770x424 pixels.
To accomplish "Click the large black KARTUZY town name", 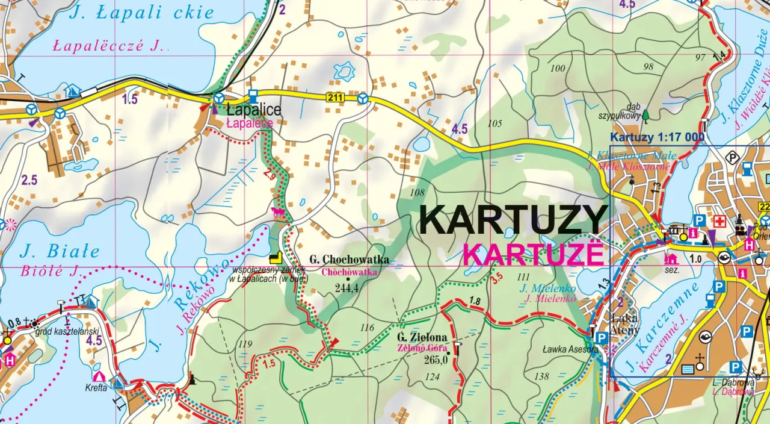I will point(513,220).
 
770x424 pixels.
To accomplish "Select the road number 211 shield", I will point(335,97).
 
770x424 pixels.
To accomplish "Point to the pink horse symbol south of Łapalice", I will point(278,212).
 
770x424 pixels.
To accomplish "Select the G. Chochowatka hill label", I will point(349,260).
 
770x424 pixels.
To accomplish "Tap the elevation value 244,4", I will point(348,288).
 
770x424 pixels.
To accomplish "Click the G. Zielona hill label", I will point(422,338).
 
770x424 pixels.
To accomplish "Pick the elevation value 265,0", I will point(436,360).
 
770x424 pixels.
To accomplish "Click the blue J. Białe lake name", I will point(60,251).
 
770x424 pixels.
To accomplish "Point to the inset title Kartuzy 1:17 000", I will point(657,137).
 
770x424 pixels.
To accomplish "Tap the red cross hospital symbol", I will point(719,222).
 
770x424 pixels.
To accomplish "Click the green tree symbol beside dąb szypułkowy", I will point(645,115).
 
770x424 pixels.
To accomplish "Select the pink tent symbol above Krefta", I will point(99,376).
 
